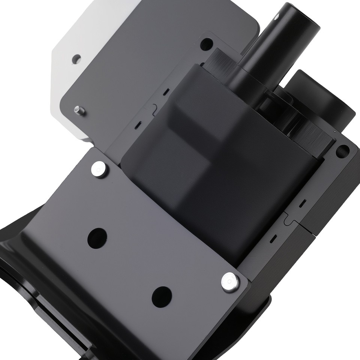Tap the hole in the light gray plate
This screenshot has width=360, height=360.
[x=76, y=58]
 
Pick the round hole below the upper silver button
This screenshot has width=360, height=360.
[x=97, y=237]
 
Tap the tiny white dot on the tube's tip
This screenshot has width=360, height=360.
[x=277, y=16]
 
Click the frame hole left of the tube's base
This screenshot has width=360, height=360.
[x=205, y=45]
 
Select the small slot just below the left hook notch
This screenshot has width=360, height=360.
[x=138, y=124]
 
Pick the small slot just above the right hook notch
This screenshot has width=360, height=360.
[x=302, y=203]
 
